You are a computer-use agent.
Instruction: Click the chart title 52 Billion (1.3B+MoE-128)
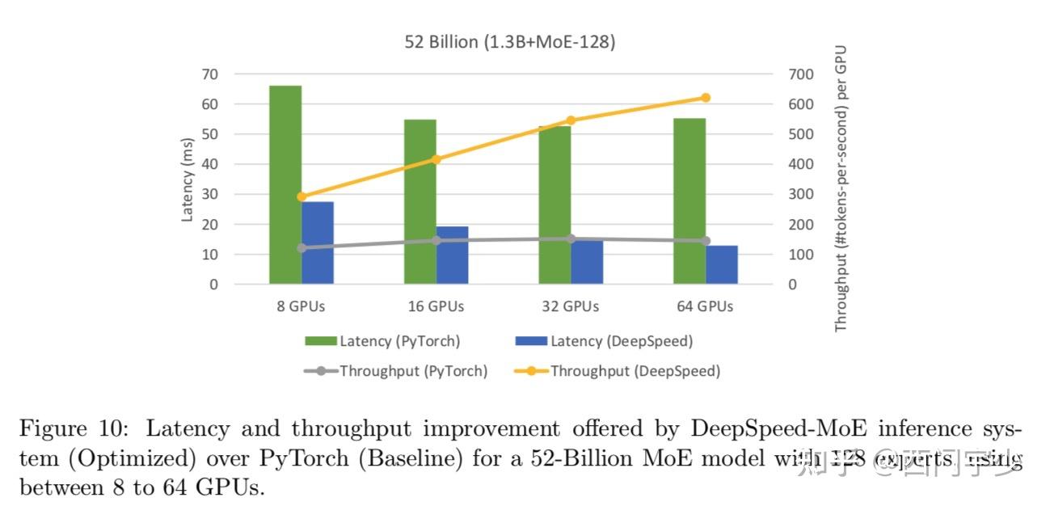[x=509, y=42]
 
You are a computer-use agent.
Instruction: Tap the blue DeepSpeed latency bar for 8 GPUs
[x=318, y=242]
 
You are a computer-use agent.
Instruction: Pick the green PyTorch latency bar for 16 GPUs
[x=420, y=201]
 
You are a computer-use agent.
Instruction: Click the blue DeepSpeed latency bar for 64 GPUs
[x=722, y=264]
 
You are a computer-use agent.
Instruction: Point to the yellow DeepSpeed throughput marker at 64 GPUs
[x=705, y=98]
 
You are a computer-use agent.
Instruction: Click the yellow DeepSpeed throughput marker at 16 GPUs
[x=436, y=159]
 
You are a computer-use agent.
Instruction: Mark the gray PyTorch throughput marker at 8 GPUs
[x=302, y=248]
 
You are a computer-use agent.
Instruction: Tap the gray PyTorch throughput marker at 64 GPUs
[x=705, y=241]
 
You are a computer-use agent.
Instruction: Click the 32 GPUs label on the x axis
[x=571, y=306]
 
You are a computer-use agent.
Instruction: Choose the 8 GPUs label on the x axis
[x=301, y=306]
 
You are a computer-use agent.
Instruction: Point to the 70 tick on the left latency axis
[x=209, y=74]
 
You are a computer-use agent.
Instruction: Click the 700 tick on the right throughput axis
[x=801, y=74]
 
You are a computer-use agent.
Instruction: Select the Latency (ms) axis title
[x=188, y=179]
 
